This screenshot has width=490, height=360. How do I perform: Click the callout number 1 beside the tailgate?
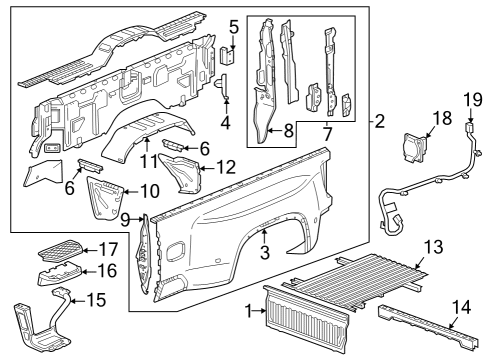249,312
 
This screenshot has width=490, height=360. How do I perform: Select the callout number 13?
432,246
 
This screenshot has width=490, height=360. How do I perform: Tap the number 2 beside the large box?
380,123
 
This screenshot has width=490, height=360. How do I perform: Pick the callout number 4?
226,124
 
